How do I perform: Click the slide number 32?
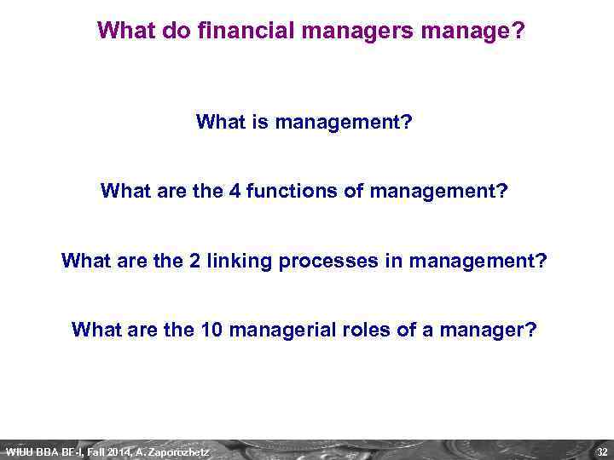pyautogui.click(x=602, y=451)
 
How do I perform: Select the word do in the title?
pyautogui.click(x=165, y=31)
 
